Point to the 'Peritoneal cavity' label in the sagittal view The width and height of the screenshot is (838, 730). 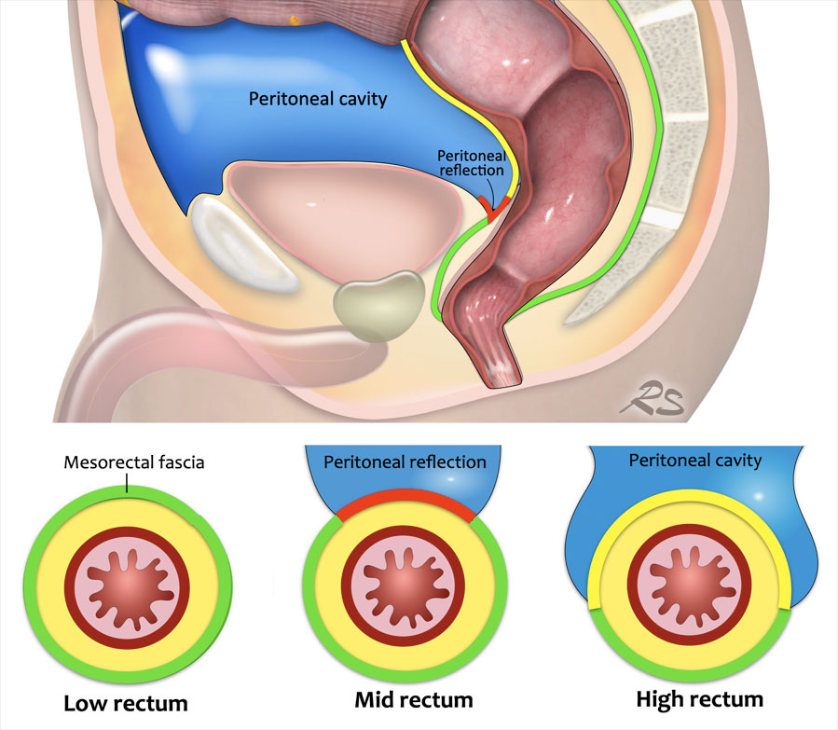click(318, 98)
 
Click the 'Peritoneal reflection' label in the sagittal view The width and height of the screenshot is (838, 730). click(471, 164)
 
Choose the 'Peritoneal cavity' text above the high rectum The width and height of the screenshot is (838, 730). click(694, 461)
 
